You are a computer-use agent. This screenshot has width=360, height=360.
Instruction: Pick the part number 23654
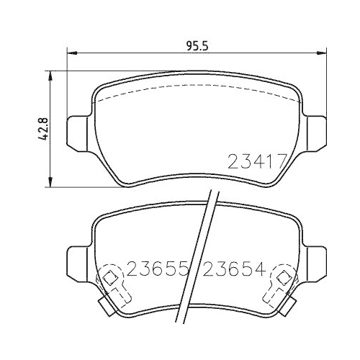point(235,270)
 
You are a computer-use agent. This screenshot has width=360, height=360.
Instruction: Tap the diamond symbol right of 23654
point(283,278)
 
